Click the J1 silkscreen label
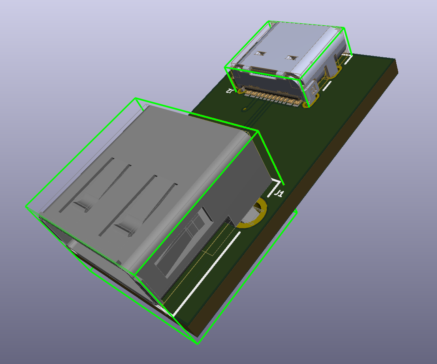coord(279,193)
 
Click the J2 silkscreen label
coord(229,91)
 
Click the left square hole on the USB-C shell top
coord(260,53)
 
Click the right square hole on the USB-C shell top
coord(292,57)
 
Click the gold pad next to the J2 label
coord(240,91)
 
